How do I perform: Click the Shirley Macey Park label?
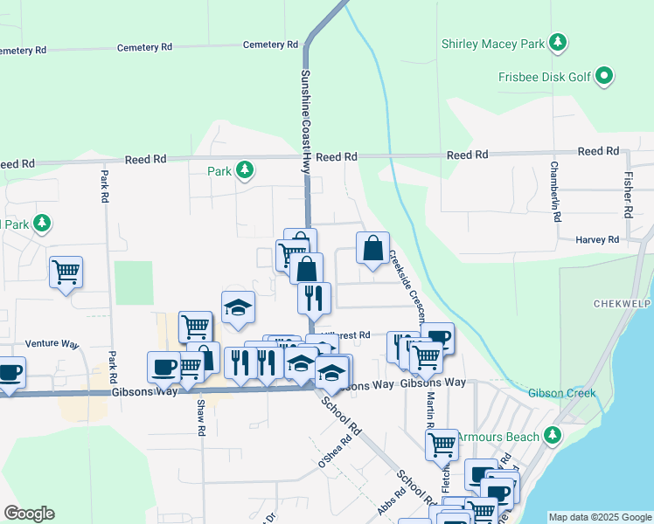point(491,43)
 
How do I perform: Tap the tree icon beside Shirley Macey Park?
point(556,43)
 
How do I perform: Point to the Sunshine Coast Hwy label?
point(306,121)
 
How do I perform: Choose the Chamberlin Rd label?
point(554,191)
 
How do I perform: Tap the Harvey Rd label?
point(597,239)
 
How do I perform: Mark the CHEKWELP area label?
point(623,304)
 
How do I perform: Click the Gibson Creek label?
point(561,393)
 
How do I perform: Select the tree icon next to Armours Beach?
point(552,434)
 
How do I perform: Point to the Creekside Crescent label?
point(407,287)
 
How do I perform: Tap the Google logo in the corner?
point(29,514)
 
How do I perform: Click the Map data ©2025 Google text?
point(600,517)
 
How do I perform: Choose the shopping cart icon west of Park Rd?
point(66,272)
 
